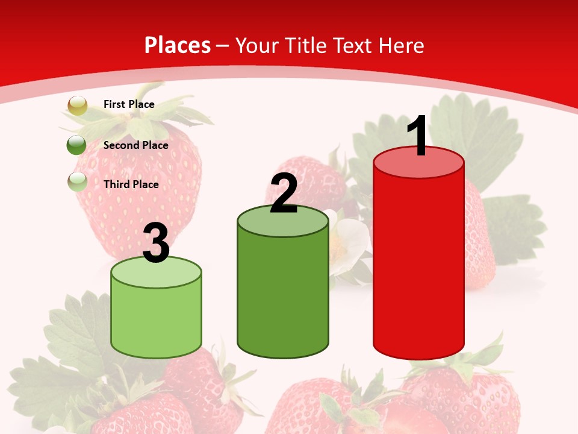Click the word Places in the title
(x=178, y=45)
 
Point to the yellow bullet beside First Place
(x=77, y=105)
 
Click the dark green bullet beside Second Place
(x=77, y=145)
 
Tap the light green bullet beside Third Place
(x=77, y=181)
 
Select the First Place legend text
(x=129, y=104)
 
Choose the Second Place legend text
(x=135, y=145)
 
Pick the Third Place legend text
(x=131, y=184)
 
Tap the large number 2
(x=284, y=194)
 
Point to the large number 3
(x=156, y=244)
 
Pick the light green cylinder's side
(x=156, y=319)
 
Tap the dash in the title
(x=223, y=46)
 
